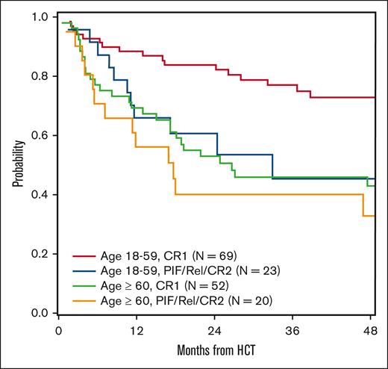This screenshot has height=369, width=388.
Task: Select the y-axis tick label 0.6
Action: click(x=43, y=135)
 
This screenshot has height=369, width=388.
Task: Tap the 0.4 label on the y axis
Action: click(x=43, y=195)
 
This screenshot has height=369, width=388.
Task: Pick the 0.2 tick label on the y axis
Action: click(x=43, y=254)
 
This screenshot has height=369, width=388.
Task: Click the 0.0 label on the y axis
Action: click(x=43, y=313)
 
